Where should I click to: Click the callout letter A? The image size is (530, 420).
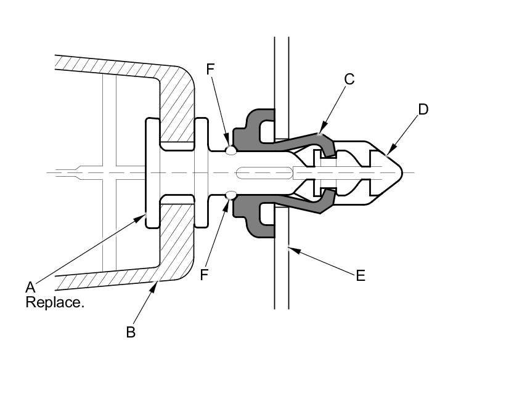point(30,287)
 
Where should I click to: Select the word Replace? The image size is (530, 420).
point(55,302)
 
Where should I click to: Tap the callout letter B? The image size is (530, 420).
point(131,332)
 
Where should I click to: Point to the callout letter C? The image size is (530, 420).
point(349,79)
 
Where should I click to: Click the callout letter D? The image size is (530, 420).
point(423,110)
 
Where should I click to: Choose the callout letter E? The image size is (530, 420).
point(361,276)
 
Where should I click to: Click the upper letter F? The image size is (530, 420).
point(210,69)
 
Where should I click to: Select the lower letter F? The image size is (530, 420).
point(203,275)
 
